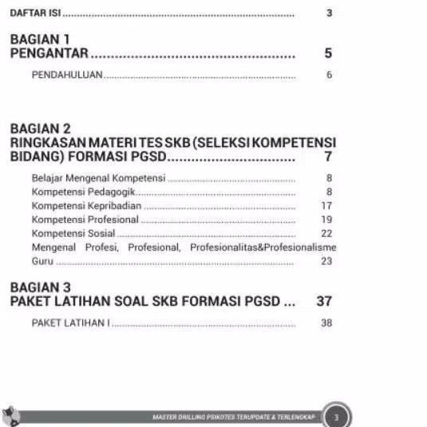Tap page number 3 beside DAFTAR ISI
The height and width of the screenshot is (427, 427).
[x=329, y=14]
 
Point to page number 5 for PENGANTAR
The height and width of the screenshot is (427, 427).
[x=328, y=54]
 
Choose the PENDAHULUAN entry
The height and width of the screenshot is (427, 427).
[x=68, y=75]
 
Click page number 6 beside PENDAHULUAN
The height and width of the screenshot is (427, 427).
[x=329, y=75]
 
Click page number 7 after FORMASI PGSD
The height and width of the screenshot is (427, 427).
[x=328, y=156]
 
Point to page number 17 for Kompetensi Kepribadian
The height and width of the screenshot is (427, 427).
[x=326, y=206]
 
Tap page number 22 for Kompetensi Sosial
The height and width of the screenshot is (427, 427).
[x=326, y=233]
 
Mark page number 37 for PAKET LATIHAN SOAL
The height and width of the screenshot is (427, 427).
[x=323, y=302]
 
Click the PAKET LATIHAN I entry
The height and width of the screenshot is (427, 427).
[x=70, y=324]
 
